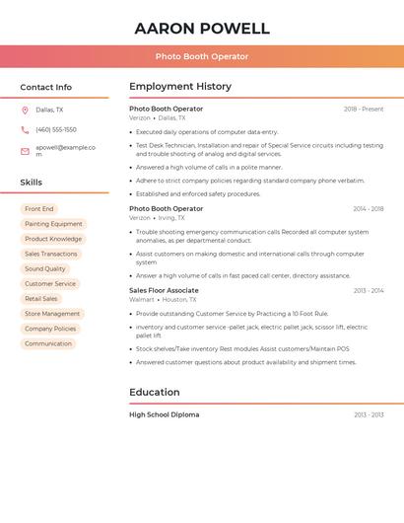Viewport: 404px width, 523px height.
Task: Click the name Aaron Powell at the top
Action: tap(202, 29)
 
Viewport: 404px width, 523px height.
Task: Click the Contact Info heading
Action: tap(45, 87)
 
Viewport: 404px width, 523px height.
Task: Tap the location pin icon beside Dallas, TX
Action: tap(25, 111)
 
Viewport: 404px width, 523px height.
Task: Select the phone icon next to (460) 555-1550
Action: tap(25, 130)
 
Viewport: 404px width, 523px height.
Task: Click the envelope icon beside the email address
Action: tap(25, 151)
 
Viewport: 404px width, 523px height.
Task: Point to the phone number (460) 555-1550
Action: tap(56, 130)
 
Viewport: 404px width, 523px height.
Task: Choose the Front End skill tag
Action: tap(39, 209)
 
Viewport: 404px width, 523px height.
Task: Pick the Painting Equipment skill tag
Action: tap(53, 224)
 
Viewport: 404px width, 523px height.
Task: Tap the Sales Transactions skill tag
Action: tap(51, 254)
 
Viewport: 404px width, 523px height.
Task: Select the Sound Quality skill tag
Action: tap(45, 268)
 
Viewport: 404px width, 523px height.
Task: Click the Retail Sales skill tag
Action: tap(41, 299)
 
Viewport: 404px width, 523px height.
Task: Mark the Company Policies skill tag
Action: tap(50, 329)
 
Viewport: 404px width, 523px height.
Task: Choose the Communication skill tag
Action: tap(48, 343)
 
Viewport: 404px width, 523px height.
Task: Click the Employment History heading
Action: tap(180, 87)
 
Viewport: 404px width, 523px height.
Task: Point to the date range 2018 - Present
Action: tap(364, 110)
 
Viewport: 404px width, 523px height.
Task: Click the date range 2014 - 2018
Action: tap(369, 209)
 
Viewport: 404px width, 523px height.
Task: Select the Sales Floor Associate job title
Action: tap(164, 291)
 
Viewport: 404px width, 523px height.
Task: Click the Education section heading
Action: tap(155, 392)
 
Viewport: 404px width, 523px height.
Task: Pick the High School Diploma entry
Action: tap(164, 414)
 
